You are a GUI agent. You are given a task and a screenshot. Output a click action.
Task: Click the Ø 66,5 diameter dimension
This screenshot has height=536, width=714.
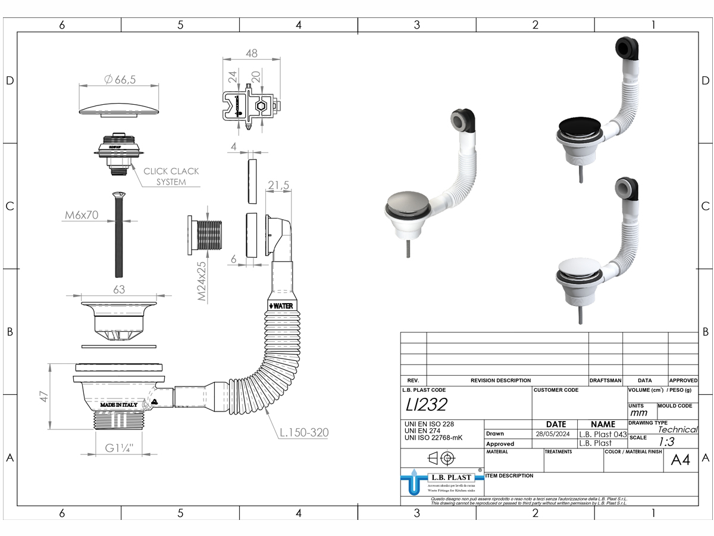tap(119, 80)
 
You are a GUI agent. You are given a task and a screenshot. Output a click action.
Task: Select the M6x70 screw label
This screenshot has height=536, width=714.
tap(82, 215)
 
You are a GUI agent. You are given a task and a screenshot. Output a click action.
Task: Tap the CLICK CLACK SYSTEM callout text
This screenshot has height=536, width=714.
tap(171, 176)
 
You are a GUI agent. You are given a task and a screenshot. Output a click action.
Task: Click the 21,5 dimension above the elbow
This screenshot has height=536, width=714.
tap(278, 186)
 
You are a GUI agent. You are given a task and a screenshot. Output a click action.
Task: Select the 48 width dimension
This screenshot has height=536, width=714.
tap(251, 53)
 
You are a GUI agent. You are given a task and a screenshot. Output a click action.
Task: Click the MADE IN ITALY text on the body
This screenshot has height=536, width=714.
tap(118, 405)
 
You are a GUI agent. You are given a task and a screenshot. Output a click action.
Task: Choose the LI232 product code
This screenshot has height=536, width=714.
tap(425, 404)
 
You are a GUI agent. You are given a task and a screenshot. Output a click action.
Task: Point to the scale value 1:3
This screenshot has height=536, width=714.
tap(666, 441)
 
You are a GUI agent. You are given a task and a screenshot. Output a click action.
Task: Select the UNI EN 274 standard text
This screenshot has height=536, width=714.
tap(422, 431)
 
